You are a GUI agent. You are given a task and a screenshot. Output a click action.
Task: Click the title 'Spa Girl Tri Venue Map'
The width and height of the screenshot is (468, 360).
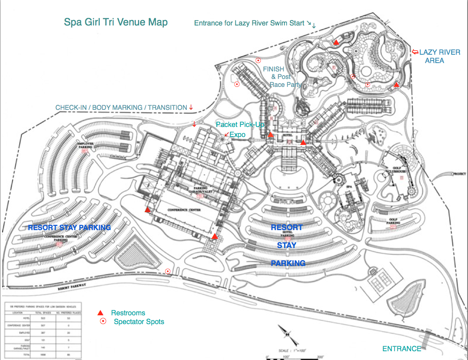coord(116,22)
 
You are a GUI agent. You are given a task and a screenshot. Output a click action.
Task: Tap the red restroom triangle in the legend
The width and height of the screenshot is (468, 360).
coord(100,313)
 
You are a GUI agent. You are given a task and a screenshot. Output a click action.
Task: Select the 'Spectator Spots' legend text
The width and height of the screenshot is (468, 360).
coord(139,322)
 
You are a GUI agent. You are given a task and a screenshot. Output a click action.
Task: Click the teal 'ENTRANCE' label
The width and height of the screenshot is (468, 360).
coord(402,349)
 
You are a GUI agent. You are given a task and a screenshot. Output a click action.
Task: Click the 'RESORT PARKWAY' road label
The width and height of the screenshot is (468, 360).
coord(71,287)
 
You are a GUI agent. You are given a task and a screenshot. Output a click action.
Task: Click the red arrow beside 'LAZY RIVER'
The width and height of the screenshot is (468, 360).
coord(415,52)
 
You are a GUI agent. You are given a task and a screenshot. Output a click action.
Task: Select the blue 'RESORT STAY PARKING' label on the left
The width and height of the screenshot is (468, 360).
coord(69,228)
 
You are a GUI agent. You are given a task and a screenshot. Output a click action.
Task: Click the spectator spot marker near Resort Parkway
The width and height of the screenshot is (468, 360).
coord(168,271)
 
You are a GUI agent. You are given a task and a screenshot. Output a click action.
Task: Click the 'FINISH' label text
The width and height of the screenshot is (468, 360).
coord(273,69)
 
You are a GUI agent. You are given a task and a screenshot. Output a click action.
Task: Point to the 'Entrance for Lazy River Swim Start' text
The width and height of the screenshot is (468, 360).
coord(249,23)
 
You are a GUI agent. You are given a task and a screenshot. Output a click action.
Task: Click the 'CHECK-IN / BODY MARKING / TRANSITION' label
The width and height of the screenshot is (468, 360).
coord(121,108)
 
